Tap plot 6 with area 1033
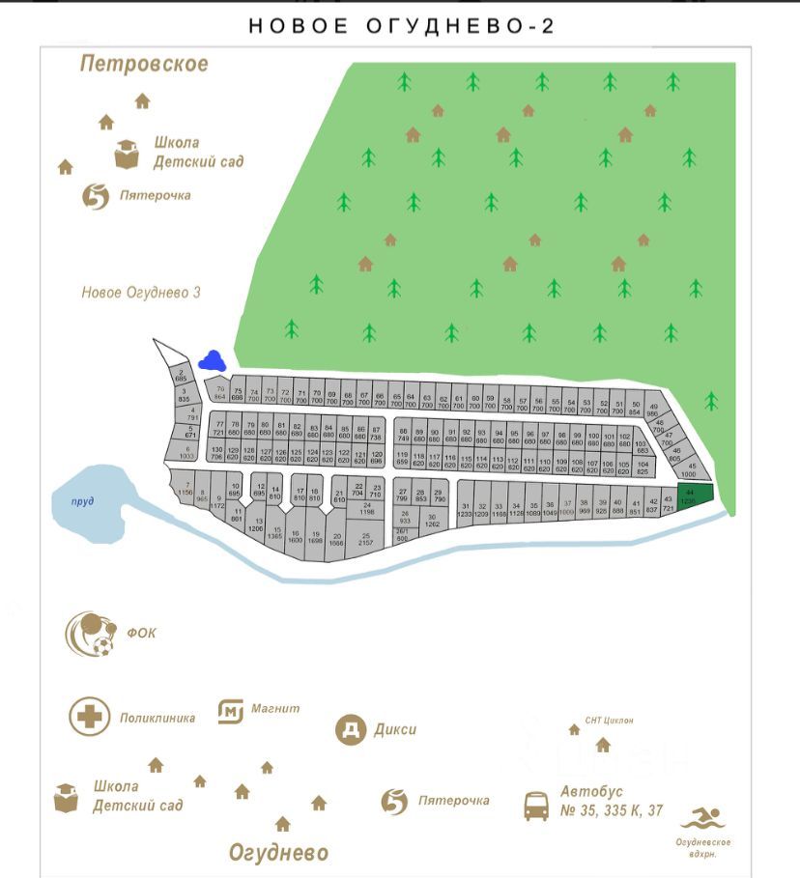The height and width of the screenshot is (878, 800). [186, 452]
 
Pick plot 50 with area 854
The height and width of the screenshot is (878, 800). [635, 407]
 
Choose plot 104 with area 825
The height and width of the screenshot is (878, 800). [643, 468]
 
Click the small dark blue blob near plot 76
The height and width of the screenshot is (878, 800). [212, 360]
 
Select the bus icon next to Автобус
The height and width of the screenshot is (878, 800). [536, 805]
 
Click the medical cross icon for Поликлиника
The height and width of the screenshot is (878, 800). [89, 717]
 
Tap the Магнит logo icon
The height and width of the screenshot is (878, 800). [230, 712]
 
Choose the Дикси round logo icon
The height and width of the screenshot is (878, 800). [351, 729]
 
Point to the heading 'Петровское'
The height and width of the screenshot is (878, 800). [144, 65]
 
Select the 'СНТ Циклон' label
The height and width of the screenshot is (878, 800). [610, 721]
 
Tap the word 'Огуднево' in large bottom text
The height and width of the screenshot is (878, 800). [278, 853]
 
